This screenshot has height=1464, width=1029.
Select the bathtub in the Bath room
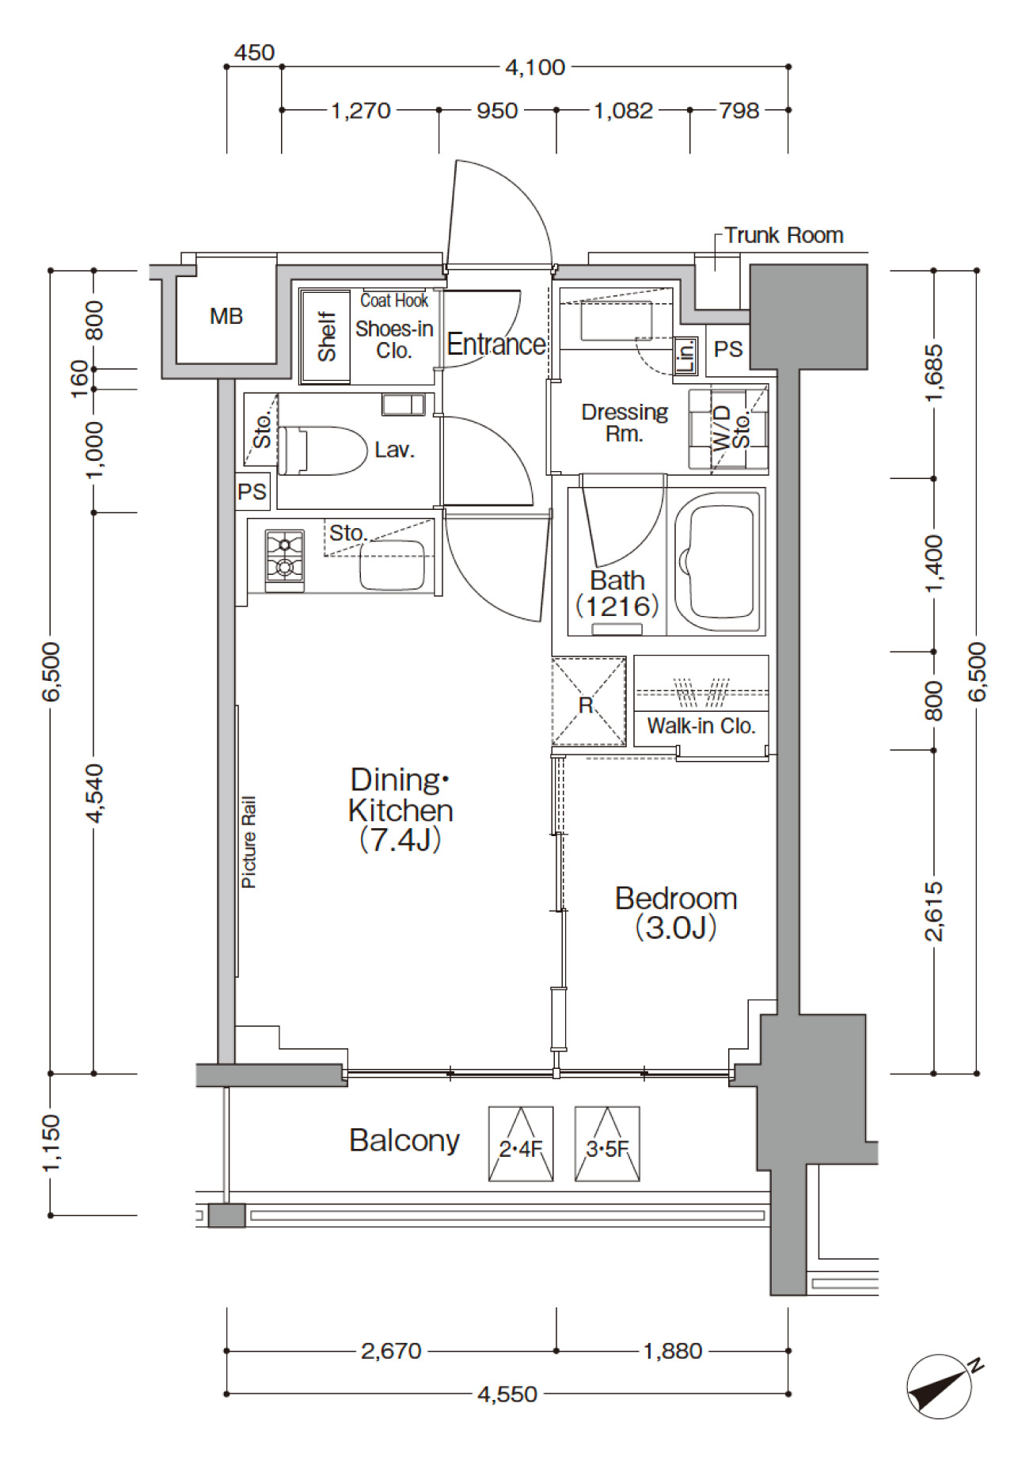tap(719, 561)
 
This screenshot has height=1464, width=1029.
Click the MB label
tap(226, 317)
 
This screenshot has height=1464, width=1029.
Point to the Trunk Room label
tap(784, 235)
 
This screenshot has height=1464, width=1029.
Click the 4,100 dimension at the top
tap(535, 67)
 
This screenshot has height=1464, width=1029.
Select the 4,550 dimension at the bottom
tap(507, 1394)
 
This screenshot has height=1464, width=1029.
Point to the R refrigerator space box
tap(588, 702)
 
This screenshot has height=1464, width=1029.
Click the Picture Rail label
tap(249, 842)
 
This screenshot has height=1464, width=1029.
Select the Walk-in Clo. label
tap(701, 725)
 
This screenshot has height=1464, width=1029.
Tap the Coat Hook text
tap(394, 300)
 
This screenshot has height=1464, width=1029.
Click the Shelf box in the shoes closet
tap(325, 337)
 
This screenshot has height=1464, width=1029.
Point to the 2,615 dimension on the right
tap(934, 911)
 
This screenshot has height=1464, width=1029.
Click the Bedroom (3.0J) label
tap(676, 913)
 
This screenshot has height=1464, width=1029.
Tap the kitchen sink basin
tap(393, 565)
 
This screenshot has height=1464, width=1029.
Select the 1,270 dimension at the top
tap(361, 110)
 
